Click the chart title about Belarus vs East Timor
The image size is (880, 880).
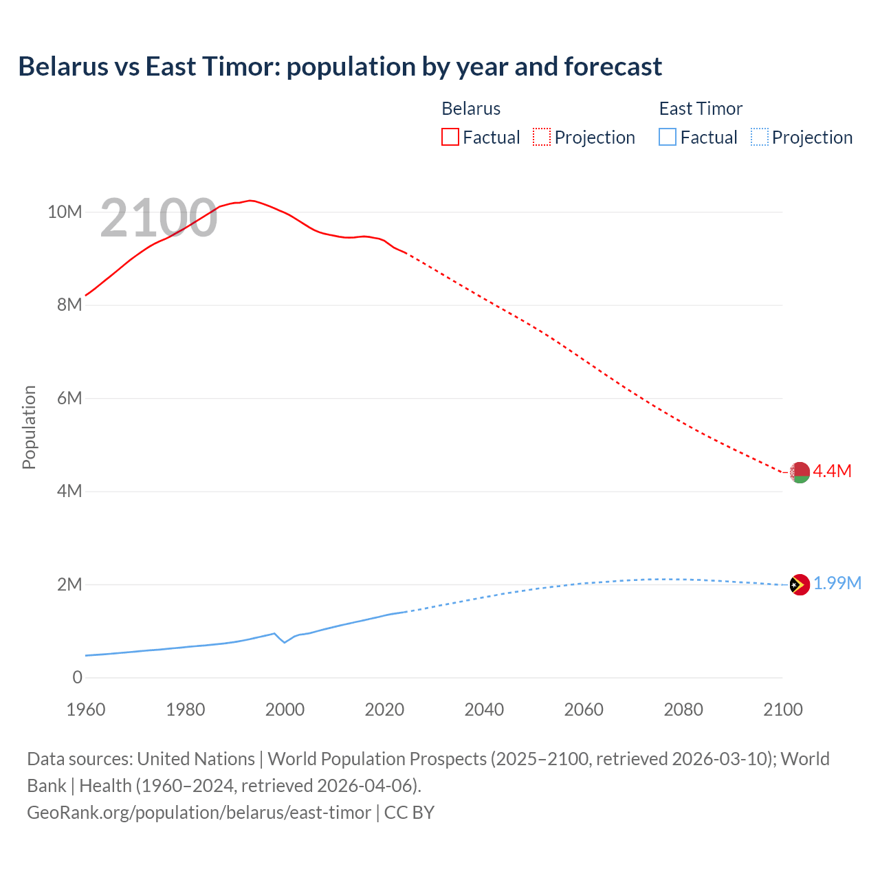340,67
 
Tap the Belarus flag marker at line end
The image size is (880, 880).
800,472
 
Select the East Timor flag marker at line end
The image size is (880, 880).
800,585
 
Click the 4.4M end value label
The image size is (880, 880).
832,471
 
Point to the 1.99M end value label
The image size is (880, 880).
837,584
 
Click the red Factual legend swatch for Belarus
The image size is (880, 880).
450,137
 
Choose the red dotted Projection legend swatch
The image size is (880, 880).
542,137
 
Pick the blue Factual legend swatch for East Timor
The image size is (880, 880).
668,137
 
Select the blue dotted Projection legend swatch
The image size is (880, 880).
759,137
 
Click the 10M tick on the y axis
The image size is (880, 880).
65,212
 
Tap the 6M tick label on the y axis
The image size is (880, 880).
69,398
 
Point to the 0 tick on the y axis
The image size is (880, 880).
77,677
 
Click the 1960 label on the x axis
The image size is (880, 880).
86,709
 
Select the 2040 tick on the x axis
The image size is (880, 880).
484,709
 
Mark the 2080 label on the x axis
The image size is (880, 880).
683,709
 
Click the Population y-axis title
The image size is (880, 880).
29,427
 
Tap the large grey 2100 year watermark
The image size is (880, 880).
159,219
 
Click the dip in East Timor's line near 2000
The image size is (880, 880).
285,642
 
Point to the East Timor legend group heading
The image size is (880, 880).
701,109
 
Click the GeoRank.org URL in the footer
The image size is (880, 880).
199,813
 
